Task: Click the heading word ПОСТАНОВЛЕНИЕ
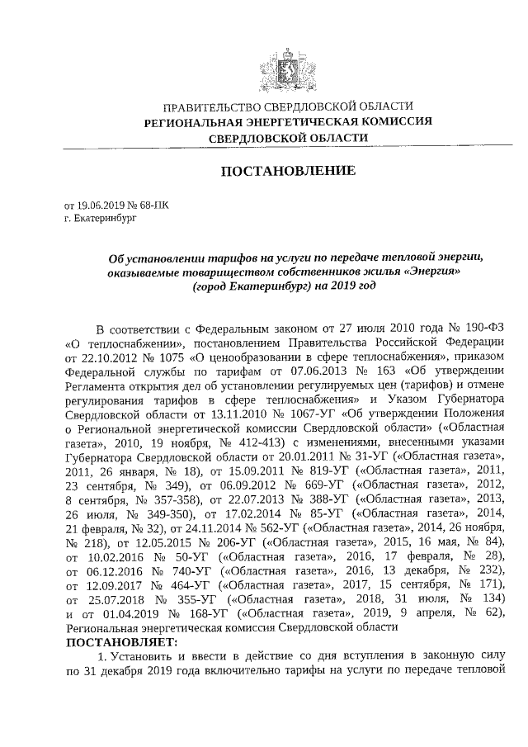tap(287, 171)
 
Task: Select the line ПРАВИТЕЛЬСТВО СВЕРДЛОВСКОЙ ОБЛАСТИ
tap(287, 107)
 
